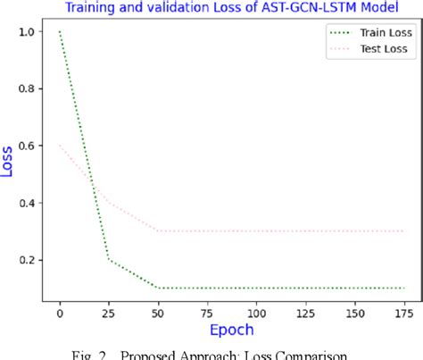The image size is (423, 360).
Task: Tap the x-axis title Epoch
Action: pos(232,330)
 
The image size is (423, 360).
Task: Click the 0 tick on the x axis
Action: pos(60,313)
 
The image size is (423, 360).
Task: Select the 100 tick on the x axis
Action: pos(257,313)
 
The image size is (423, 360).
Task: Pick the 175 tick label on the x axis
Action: pos(404,313)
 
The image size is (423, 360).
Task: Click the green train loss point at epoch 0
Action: pos(60,32)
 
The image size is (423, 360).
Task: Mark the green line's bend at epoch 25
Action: pos(109,260)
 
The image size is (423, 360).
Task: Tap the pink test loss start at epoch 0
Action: pos(60,146)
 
